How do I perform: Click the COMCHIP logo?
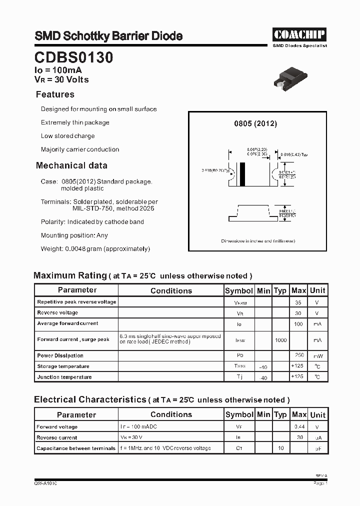(299, 34)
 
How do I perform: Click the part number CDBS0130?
(73, 58)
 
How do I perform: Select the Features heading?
(55, 94)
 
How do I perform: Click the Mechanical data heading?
(71, 165)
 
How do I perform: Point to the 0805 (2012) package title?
(255, 123)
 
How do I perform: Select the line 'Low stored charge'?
(67, 136)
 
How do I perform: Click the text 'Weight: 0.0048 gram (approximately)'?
(95, 248)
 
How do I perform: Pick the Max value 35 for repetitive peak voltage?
(298, 302)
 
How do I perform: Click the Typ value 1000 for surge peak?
(280, 340)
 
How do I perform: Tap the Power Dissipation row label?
(60, 355)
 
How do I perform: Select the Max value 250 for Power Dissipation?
(298, 355)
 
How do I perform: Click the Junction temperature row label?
(64, 377)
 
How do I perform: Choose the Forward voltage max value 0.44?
(299, 427)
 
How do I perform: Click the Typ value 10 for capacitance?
(280, 448)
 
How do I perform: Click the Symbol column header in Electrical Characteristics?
(239, 414)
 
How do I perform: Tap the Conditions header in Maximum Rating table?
(171, 290)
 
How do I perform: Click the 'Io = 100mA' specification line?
(58, 70)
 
